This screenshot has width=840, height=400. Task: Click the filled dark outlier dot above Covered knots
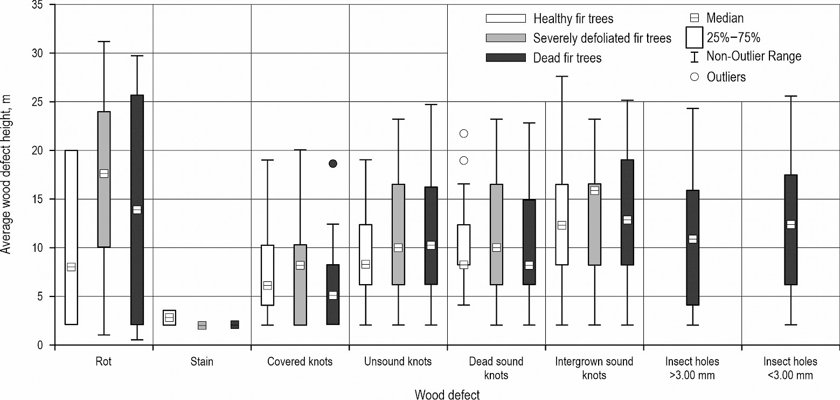pyautogui.click(x=333, y=163)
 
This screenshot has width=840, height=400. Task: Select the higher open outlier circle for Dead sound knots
pyautogui.click(x=464, y=133)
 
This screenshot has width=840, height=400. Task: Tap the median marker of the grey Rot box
pyautogui.click(x=104, y=174)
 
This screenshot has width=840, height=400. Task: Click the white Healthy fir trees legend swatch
pyautogui.click(x=505, y=18)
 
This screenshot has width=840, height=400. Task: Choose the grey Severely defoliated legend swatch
pyautogui.click(x=505, y=38)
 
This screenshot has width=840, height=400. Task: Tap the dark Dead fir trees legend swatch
pyautogui.click(x=505, y=57)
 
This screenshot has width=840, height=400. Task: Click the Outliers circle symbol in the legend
pyautogui.click(x=695, y=77)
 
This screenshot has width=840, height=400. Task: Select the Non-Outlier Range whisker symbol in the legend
pyautogui.click(x=695, y=56)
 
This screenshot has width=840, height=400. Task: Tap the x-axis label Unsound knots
pyautogui.click(x=398, y=362)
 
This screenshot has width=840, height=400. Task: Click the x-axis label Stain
pyautogui.click(x=202, y=362)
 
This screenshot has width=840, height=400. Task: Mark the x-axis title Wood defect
pyautogui.click(x=447, y=395)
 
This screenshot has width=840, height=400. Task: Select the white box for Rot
pyautogui.click(x=71, y=237)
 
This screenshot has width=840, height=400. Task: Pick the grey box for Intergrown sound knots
pyautogui.click(x=594, y=224)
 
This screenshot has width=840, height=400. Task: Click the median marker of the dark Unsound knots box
pyautogui.click(x=431, y=245)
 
